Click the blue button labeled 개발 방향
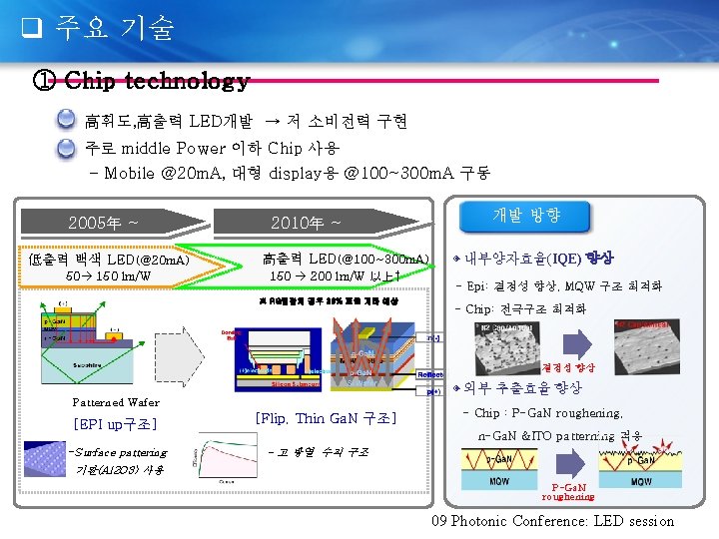(x=526, y=215)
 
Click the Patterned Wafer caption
(x=116, y=402)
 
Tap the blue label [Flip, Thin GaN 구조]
(x=326, y=418)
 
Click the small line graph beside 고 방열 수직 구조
(x=230, y=461)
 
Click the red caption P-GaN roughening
(x=569, y=491)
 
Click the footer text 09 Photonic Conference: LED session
(x=552, y=520)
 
